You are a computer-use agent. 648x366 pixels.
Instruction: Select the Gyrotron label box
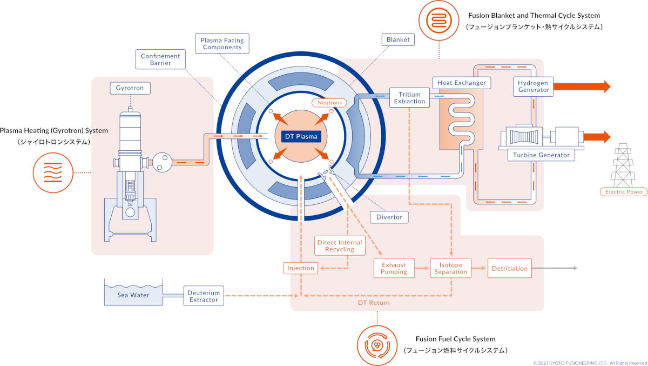pyautogui.click(x=130, y=88)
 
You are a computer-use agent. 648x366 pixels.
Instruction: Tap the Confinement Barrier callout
pyautogui.click(x=160, y=59)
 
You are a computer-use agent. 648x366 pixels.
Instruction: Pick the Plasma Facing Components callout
pyautogui.click(x=222, y=44)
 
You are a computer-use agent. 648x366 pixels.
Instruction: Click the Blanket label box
pyautogui.click(x=398, y=39)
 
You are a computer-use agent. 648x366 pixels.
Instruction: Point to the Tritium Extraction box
pyautogui.click(x=409, y=98)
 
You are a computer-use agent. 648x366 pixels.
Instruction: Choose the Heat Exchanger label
pyautogui.click(x=462, y=83)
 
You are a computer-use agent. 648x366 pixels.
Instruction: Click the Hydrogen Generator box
pyautogui.click(x=533, y=86)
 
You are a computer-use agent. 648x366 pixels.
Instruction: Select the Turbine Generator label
pyautogui.click(x=541, y=155)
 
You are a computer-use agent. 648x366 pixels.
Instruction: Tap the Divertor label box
pyautogui.click(x=389, y=217)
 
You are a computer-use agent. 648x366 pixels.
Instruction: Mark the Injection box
pyautogui.click(x=301, y=268)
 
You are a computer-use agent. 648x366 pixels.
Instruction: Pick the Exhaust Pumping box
pyautogui.click(x=394, y=268)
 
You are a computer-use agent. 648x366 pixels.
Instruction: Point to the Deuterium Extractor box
pyautogui.click(x=204, y=296)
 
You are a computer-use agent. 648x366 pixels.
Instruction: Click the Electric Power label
pyautogui.click(x=624, y=191)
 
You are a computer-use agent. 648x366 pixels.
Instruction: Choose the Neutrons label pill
pyautogui.click(x=329, y=103)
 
